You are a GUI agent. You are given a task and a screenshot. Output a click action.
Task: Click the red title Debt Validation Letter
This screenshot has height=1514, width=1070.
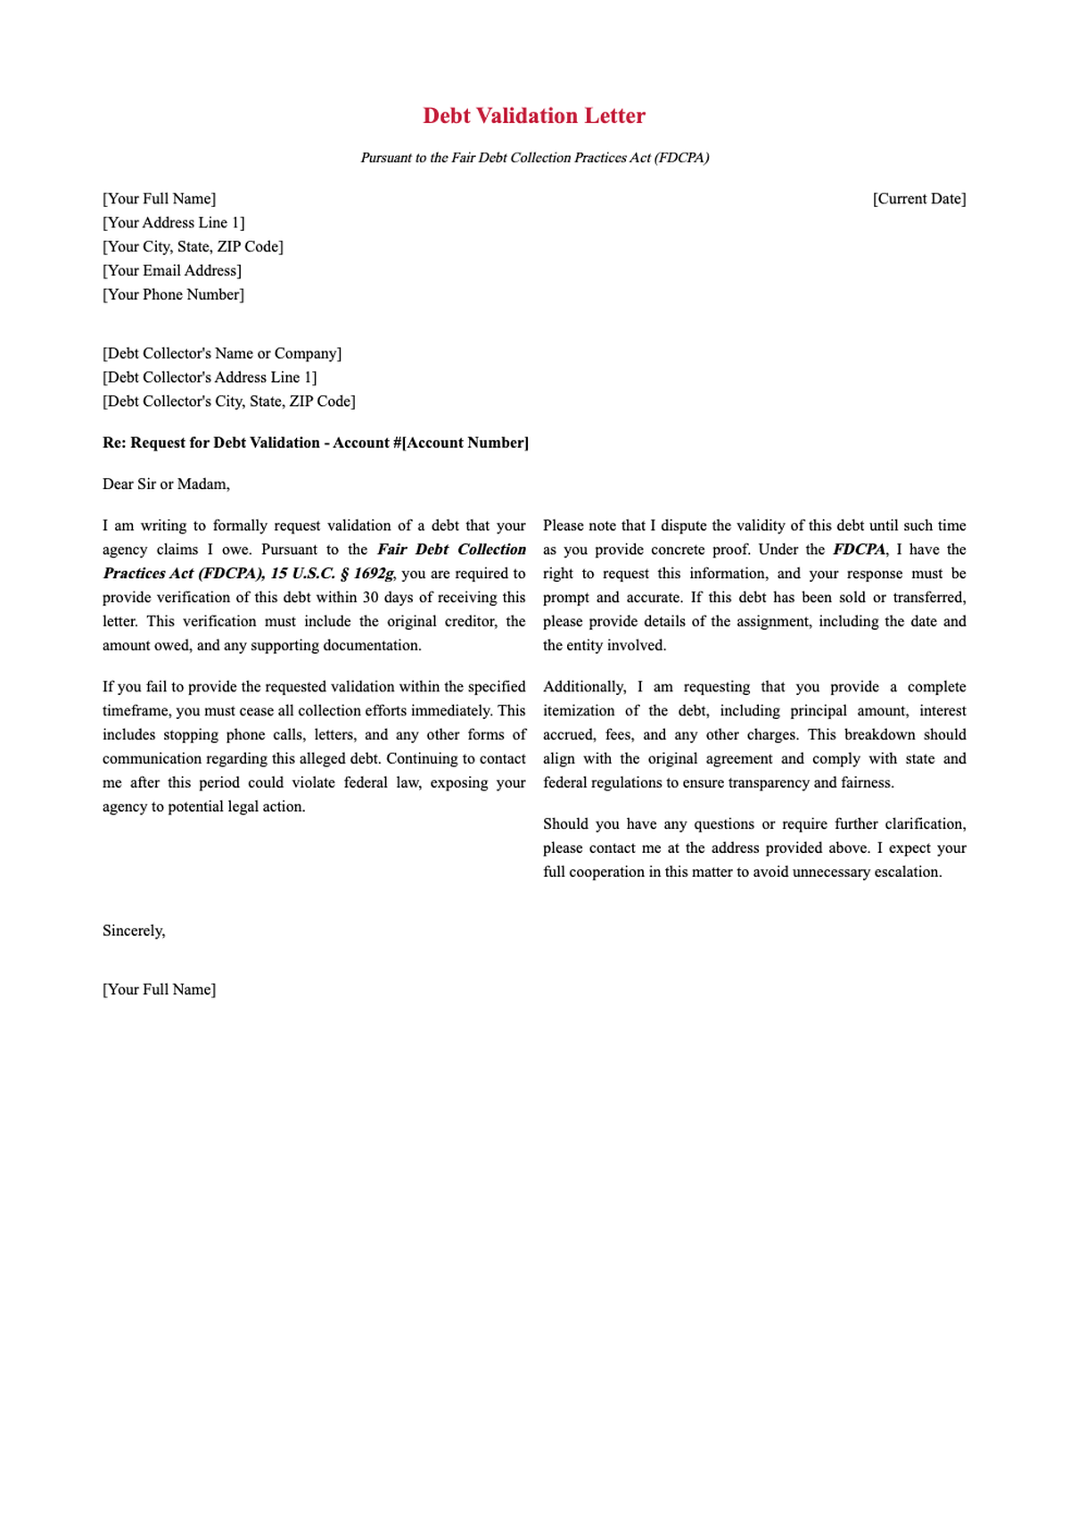(x=534, y=116)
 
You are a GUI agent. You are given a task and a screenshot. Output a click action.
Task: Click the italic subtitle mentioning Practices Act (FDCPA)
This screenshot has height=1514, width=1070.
(x=534, y=158)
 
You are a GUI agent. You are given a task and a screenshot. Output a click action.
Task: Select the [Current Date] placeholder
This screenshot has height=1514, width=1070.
(x=918, y=199)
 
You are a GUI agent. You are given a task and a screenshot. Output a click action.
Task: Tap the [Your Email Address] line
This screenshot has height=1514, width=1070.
(x=172, y=270)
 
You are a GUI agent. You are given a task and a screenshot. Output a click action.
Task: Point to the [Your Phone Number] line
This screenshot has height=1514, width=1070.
(x=173, y=294)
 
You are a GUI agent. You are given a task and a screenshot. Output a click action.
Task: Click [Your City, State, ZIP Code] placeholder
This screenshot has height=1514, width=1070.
(x=193, y=246)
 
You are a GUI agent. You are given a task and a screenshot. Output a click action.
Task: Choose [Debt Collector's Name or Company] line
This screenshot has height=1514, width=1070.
(x=222, y=353)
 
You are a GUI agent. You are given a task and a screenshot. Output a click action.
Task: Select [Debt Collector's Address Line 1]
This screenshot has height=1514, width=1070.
(x=210, y=377)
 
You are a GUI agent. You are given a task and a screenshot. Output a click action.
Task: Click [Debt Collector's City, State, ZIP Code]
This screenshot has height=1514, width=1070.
(x=229, y=401)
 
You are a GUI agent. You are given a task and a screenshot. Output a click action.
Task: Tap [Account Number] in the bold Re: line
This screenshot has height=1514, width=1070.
(x=465, y=443)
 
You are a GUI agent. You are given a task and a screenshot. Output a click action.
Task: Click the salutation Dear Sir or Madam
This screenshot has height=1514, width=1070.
(x=166, y=484)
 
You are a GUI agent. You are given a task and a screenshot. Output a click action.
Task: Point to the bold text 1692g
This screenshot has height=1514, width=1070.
(x=374, y=574)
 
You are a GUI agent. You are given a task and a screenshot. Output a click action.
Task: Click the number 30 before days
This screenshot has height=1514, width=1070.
(x=371, y=598)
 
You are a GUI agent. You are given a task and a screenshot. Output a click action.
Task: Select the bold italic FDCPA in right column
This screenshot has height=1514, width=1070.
(x=859, y=550)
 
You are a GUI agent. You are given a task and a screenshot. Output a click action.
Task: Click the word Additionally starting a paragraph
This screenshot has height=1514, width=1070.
(x=584, y=687)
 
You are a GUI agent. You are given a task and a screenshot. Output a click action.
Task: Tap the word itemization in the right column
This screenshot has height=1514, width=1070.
(x=579, y=711)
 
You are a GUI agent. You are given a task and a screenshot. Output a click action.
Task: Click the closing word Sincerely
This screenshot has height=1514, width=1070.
(x=134, y=931)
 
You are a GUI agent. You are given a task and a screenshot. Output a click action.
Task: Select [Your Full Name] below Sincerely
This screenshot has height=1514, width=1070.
(x=159, y=989)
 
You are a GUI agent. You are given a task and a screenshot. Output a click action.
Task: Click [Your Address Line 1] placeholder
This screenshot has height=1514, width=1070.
(x=173, y=223)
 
